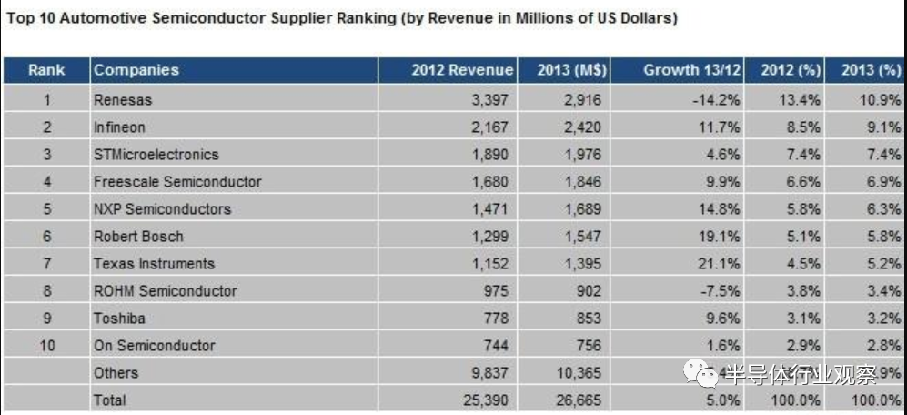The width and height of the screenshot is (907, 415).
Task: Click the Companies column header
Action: (x=136, y=70)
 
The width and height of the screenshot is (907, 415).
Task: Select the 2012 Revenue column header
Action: (x=462, y=70)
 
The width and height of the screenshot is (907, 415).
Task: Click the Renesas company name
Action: (x=123, y=99)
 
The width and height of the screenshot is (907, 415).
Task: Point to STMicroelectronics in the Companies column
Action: (x=156, y=154)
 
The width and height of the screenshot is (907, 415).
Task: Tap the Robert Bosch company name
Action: (x=138, y=236)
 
